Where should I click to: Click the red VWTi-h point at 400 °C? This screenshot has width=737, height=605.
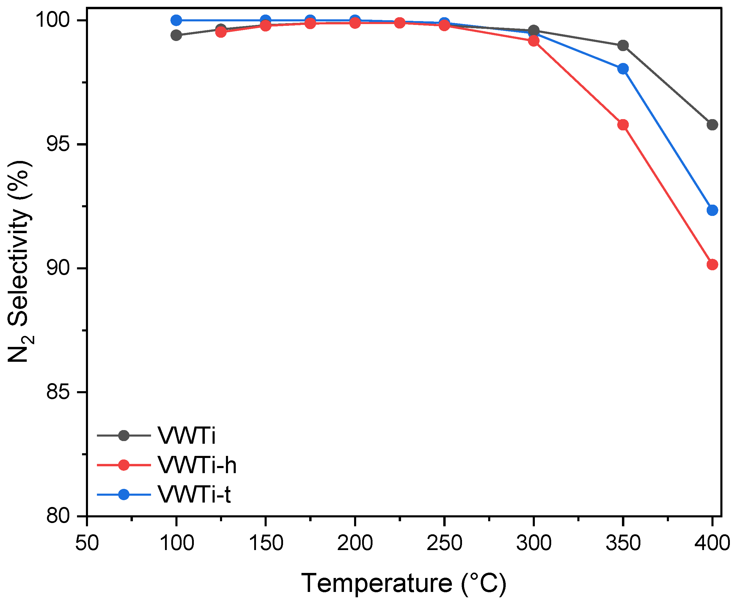[x=712, y=265]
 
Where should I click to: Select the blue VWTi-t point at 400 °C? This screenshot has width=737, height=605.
[x=712, y=210]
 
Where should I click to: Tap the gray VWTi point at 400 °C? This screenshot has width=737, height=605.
[x=712, y=125]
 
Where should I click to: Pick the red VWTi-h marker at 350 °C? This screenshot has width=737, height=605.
[x=623, y=125]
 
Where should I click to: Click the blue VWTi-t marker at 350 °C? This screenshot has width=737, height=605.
[x=623, y=69]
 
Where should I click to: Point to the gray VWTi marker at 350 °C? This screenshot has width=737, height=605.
[x=623, y=45]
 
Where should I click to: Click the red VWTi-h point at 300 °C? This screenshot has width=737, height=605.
[x=534, y=41]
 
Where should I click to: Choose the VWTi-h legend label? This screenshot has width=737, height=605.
[x=197, y=465]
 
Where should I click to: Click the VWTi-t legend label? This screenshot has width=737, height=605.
[x=194, y=494]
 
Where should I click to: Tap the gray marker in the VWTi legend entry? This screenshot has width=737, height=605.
[x=124, y=436]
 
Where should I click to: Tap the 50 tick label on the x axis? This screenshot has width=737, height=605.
[x=87, y=543]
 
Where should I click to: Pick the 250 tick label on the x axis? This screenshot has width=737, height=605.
[x=444, y=543]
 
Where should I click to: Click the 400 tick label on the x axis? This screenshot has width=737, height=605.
[x=712, y=543]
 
